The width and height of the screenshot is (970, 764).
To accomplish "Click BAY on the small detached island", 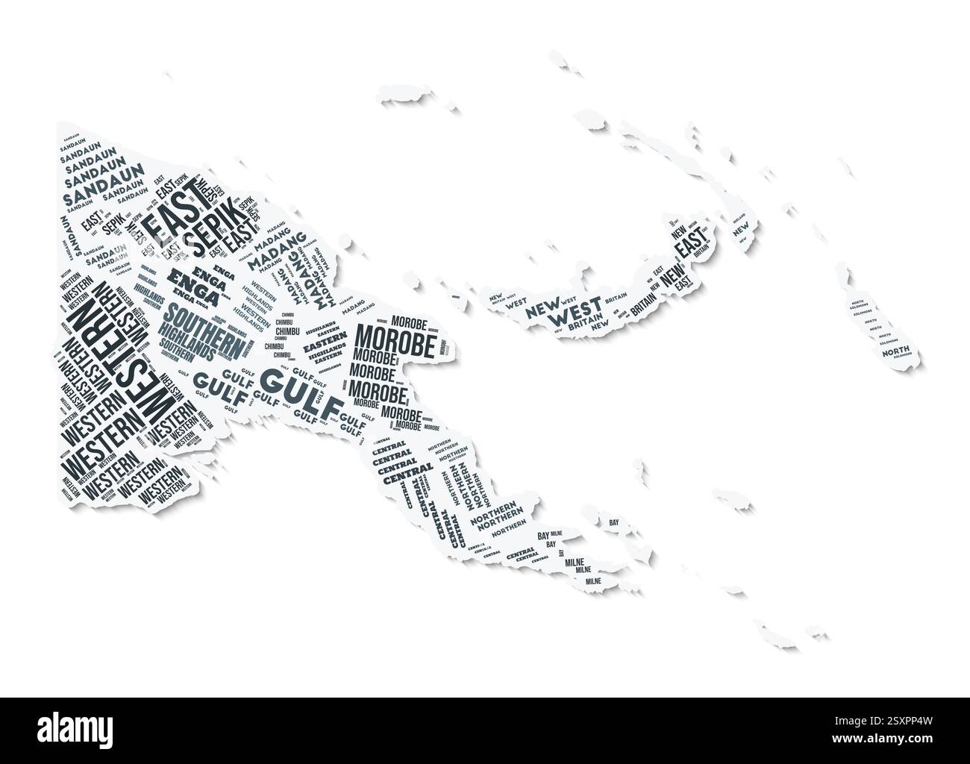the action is click(614, 523).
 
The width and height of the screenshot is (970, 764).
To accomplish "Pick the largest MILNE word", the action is click(574, 561).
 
